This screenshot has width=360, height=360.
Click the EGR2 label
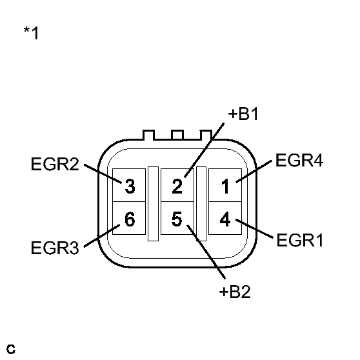54,164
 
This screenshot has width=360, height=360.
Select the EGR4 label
299,161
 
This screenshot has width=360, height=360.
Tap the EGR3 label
54,247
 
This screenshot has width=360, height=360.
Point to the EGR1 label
299,241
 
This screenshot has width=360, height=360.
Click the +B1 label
244,115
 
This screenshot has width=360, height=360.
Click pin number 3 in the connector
129,187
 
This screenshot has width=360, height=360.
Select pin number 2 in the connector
177,187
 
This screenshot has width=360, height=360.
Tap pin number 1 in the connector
225,187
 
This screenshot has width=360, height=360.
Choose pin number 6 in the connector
129,219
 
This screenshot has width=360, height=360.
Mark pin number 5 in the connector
177,219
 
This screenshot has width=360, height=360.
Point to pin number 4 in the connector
225,219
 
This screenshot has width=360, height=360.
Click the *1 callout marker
31,33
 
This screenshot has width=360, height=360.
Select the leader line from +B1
206,149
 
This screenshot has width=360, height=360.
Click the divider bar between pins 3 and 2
153,203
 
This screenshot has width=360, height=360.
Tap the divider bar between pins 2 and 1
201,203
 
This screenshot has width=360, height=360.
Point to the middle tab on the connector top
177,135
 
